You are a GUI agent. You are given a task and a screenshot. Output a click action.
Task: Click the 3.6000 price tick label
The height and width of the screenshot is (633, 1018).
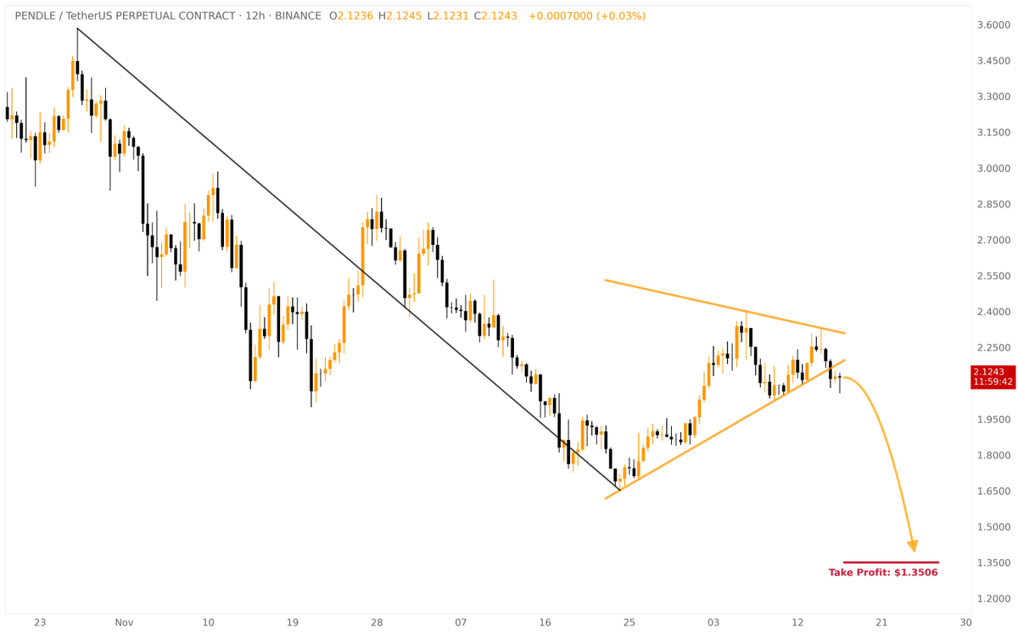(x=993, y=25)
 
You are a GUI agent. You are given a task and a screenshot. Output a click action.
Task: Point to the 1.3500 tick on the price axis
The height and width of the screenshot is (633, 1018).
(x=993, y=563)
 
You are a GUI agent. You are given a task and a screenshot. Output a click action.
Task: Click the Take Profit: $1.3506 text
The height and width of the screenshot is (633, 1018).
(x=883, y=573)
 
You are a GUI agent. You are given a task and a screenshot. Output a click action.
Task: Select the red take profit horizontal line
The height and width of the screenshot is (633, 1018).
(x=891, y=562)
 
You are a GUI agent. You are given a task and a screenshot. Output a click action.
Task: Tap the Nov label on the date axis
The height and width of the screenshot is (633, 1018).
(x=125, y=623)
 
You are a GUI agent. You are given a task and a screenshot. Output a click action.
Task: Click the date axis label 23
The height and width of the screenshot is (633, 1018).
(x=40, y=623)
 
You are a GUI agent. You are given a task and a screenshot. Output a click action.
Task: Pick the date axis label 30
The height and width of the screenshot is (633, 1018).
(x=965, y=623)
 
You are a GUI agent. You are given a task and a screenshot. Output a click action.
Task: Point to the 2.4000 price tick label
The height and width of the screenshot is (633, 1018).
(x=993, y=312)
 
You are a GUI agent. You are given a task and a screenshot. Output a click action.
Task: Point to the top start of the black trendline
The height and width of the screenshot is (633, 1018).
(x=77, y=29)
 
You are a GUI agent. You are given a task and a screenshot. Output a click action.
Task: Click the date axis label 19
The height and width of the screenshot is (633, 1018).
(x=293, y=623)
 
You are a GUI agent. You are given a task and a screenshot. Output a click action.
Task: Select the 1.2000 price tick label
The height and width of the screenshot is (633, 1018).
(x=993, y=598)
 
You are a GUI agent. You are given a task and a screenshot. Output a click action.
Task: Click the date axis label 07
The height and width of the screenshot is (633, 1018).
(x=461, y=623)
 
